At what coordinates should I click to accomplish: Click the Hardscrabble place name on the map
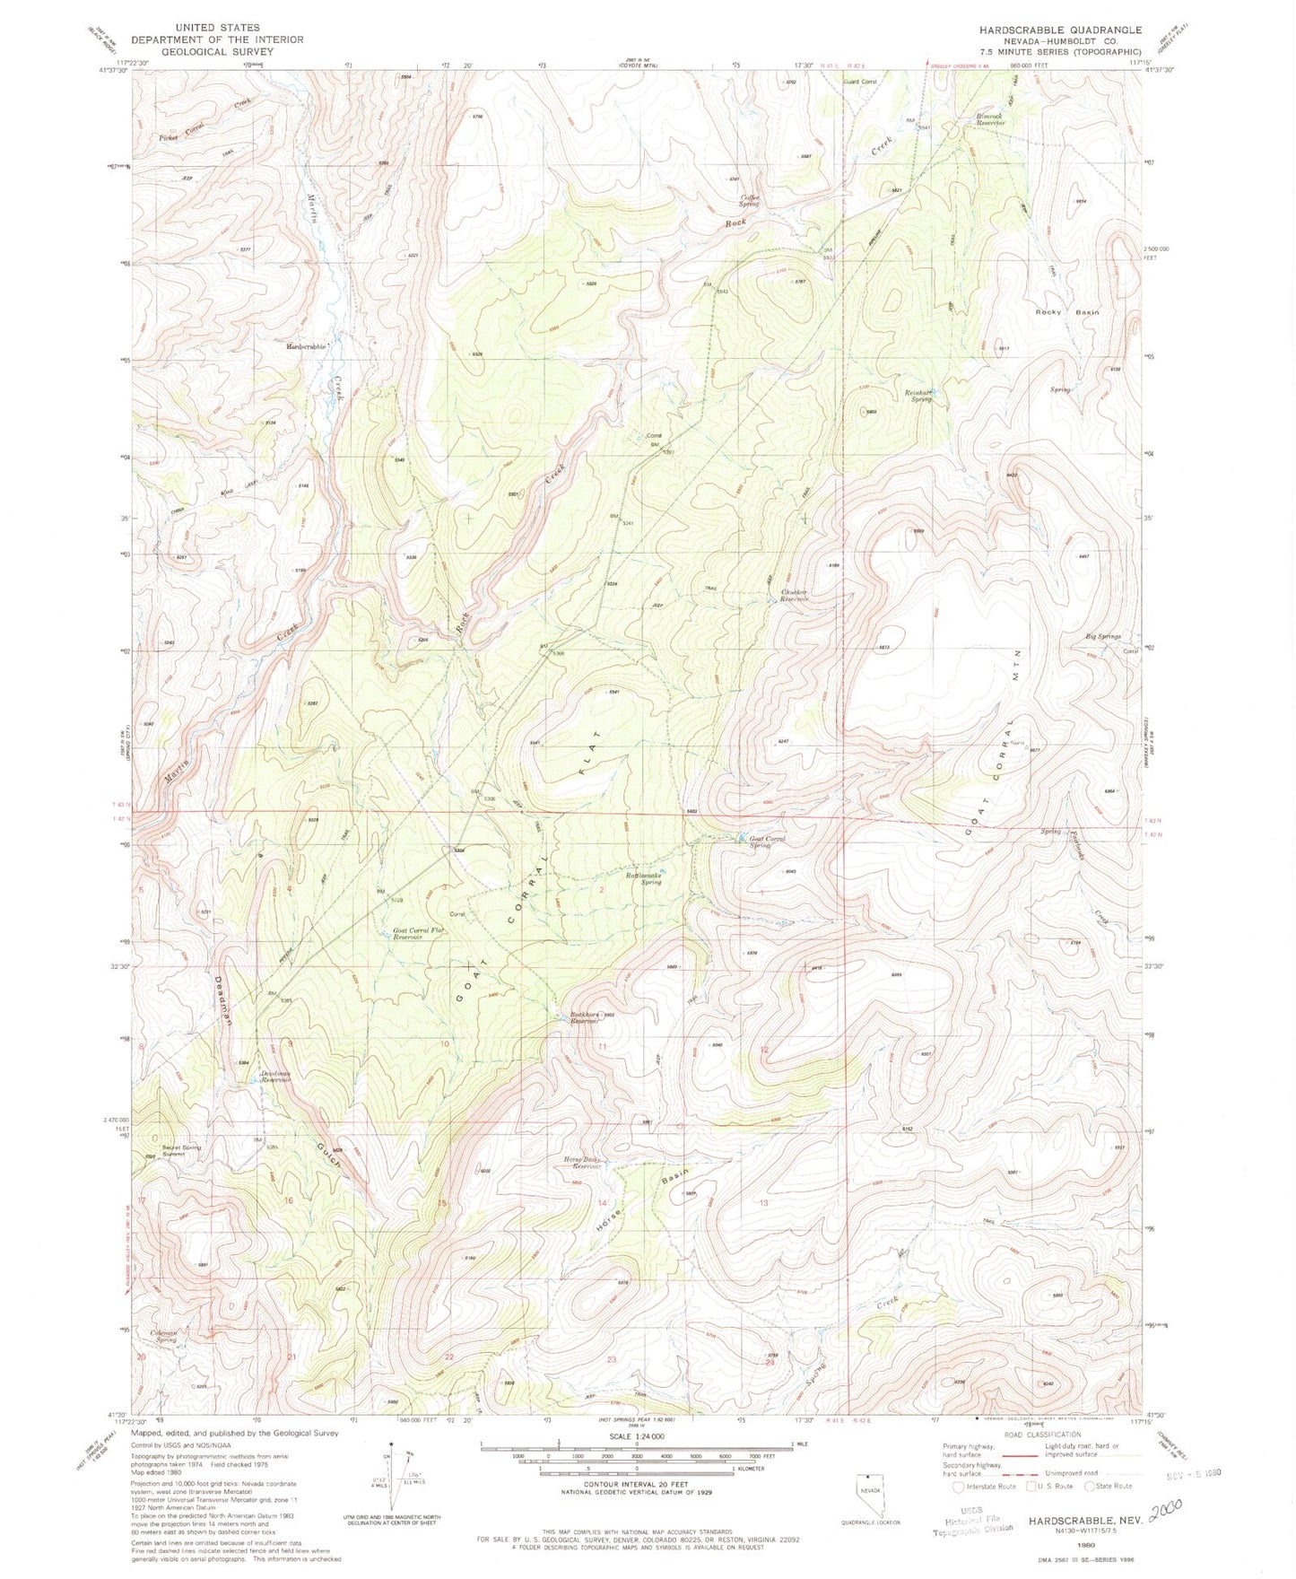click(x=308, y=346)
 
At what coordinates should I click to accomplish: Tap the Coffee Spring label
click(x=750, y=200)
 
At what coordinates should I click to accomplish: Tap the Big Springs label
click(x=1103, y=636)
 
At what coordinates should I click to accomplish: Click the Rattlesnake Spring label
click(x=644, y=877)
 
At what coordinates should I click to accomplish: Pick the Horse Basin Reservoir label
click(x=581, y=1163)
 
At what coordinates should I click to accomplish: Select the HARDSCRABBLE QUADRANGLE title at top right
click(x=1060, y=30)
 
